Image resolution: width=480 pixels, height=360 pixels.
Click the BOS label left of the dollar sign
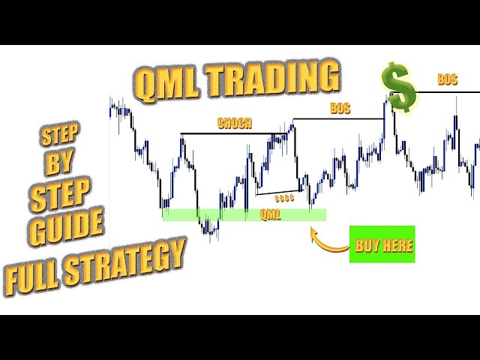[x=340, y=108]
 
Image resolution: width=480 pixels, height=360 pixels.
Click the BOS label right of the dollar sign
[x=448, y=78]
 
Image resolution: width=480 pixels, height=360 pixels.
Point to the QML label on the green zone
[x=270, y=214]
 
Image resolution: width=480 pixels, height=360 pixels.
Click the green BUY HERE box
[x=382, y=244]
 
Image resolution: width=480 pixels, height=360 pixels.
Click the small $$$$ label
[x=284, y=199]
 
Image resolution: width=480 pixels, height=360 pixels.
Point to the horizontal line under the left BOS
[x=337, y=118]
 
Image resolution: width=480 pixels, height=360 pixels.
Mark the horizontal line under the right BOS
[x=446, y=91]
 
